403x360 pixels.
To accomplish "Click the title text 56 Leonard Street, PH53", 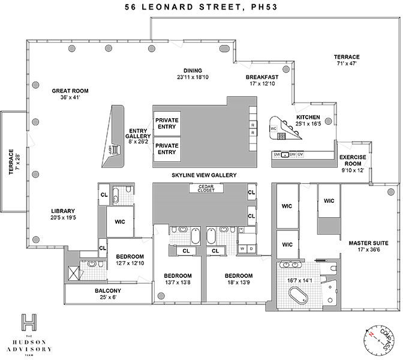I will point(201,8).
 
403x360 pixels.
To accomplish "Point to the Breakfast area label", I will point(262,77).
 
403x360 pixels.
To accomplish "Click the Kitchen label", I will point(308,117).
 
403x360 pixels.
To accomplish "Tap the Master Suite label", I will point(369,243).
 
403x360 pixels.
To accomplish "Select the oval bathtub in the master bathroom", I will point(298,297).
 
